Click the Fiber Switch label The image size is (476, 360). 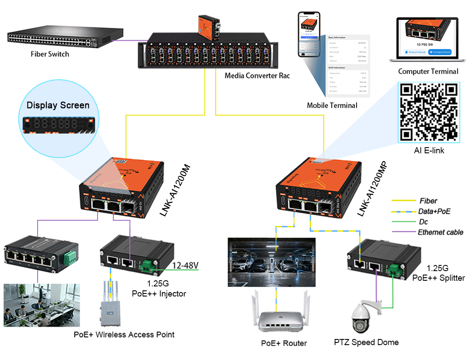[50, 54]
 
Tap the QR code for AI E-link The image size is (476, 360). [428, 112]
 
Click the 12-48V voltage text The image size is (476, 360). [185, 265]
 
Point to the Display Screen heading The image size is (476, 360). [58, 105]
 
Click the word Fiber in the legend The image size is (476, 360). [428, 201]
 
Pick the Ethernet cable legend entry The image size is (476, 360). [440, 232]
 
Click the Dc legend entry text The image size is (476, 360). [423, 222]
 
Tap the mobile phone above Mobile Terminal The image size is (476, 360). [309, 34]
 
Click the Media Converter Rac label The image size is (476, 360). [257, 76]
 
